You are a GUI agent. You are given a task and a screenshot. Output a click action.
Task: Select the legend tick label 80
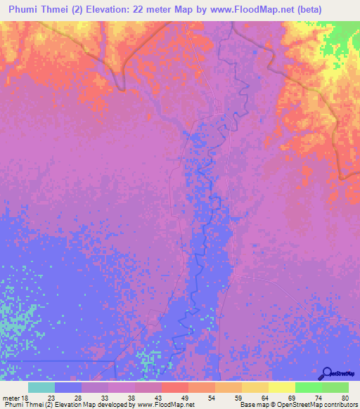point(344,398)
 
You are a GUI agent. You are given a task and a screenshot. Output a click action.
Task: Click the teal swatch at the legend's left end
point(41,387)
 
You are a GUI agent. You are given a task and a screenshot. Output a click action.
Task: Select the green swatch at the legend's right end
point(335,387)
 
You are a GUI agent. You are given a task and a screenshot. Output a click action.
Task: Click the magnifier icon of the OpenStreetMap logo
point(326,372)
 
